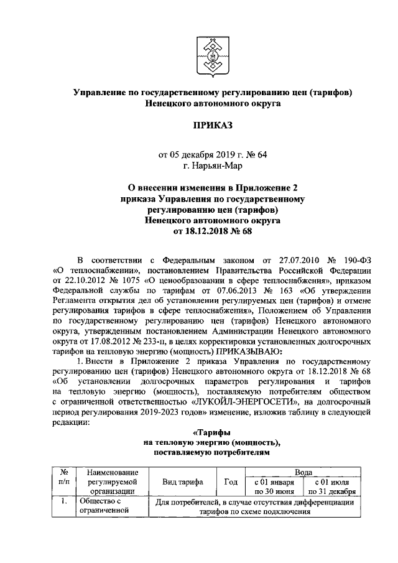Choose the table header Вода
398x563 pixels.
(x=303, y=473)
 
